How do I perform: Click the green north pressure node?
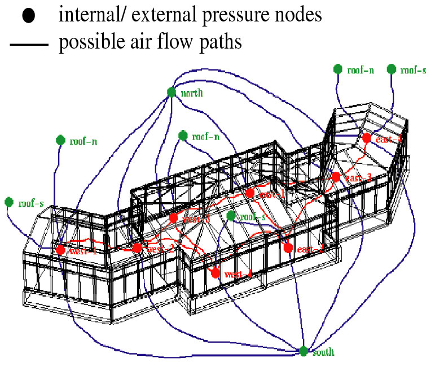coord(172,92)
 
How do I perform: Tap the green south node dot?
coord(304,351)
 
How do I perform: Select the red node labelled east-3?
coord(336,177)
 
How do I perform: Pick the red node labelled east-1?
coord(249,193)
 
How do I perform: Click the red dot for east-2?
coord(288,248)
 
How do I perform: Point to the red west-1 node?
coord(60,250)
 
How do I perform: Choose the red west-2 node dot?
coord(137,247)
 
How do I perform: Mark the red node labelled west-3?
coord(173,217)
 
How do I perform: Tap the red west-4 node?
coord(215,273)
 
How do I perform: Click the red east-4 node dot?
coord(367,138)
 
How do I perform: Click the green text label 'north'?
coord(192,93)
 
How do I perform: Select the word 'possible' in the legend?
coord(93,43)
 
